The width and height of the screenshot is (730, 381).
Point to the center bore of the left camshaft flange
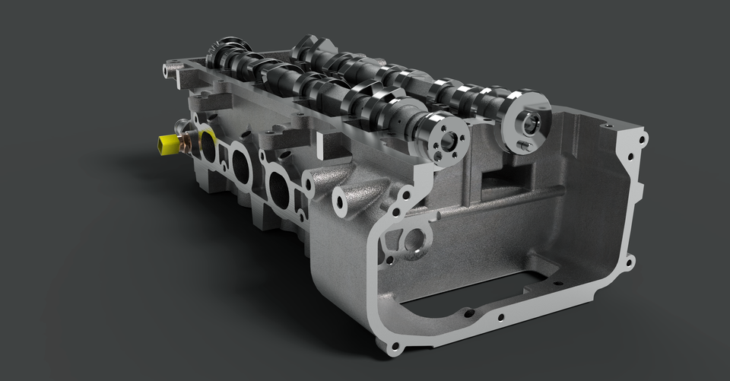(448, 140)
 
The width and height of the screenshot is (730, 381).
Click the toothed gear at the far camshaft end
(229, 50)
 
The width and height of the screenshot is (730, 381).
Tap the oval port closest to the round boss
(278, 190)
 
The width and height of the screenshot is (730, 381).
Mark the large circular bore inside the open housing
(415, 241)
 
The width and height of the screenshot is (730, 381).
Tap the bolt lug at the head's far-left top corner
(168, 70)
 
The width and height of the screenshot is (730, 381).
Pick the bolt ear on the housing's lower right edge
(630, 262)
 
